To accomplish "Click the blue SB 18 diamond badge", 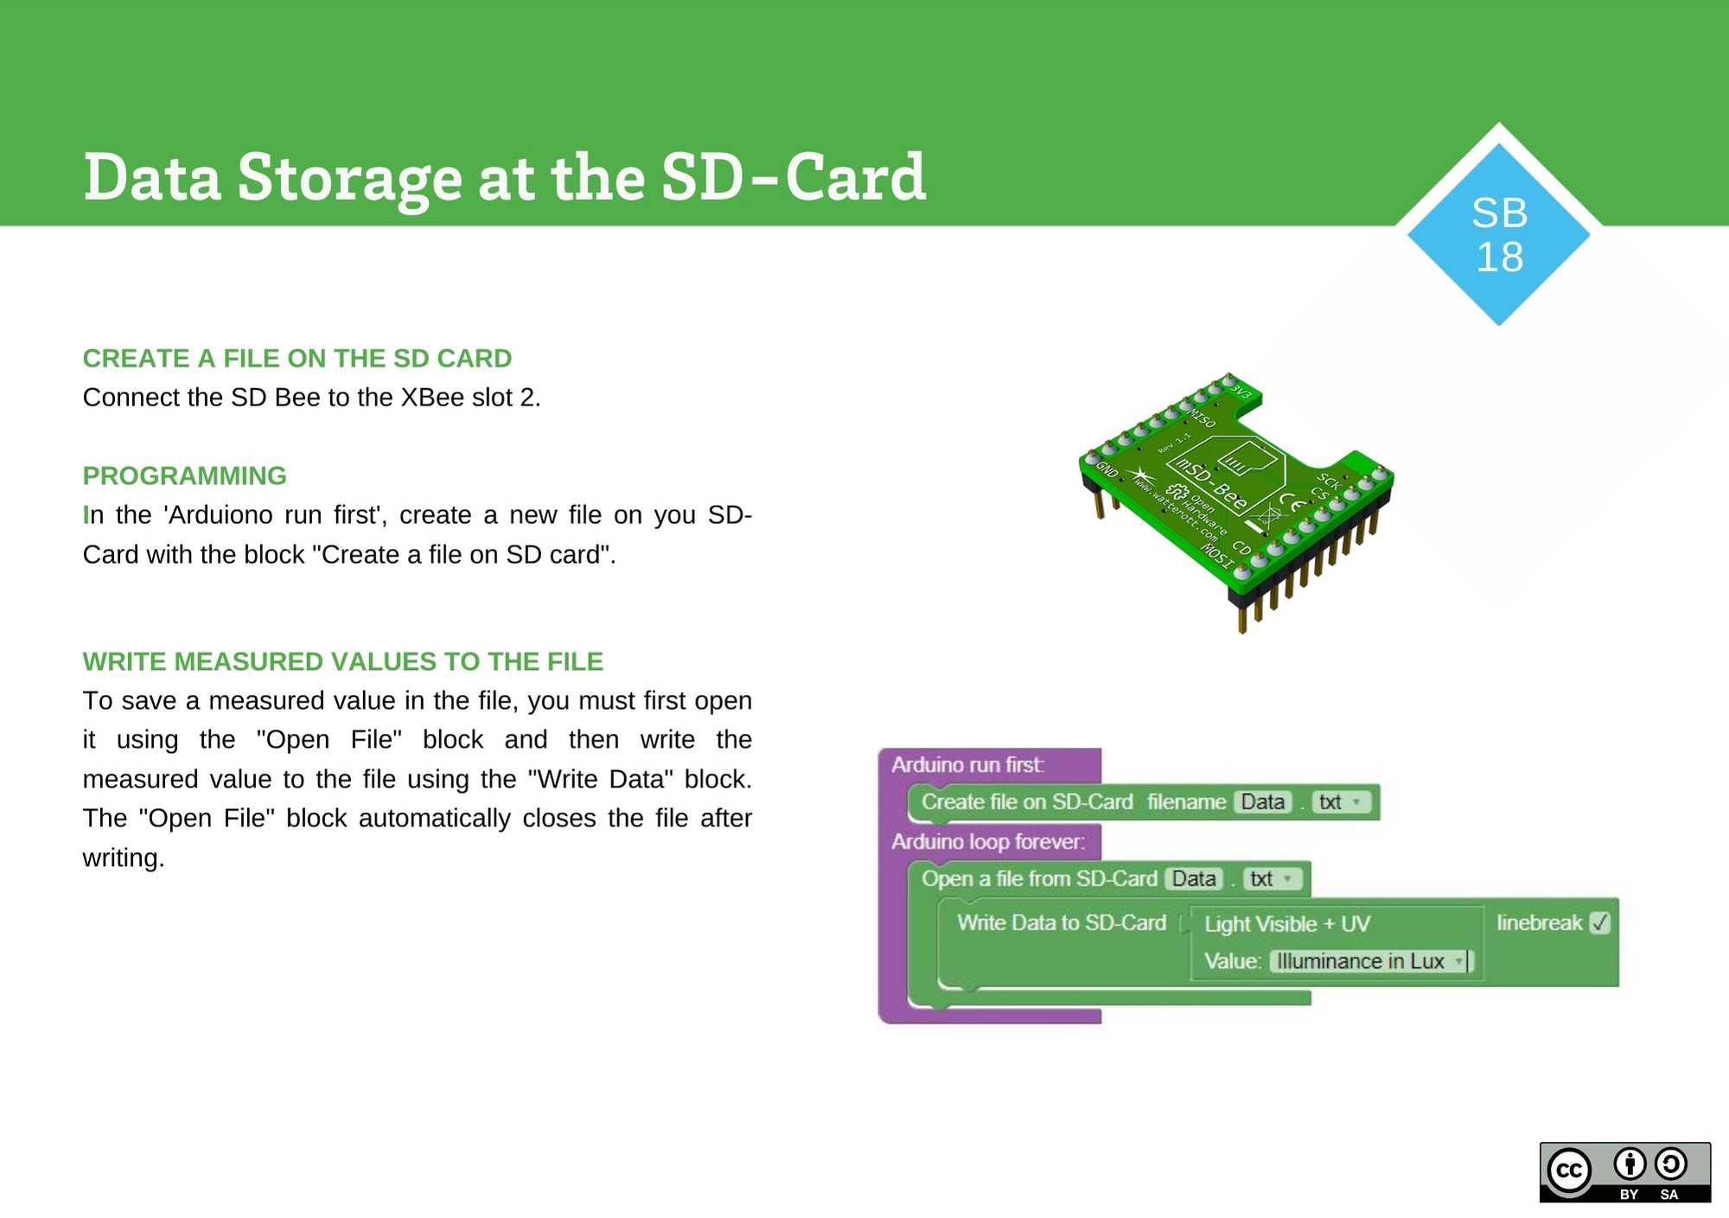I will [1498, 234].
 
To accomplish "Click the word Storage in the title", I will [349, 178].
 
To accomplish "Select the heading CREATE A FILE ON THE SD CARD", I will [297, 358].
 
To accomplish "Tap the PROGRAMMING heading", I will [184, 475].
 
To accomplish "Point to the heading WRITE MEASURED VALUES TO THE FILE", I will [342, 661].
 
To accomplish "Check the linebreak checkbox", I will [1600, 922].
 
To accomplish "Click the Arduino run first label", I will [967, 765].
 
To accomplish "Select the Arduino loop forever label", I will [987, 842].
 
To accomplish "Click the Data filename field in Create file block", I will [1262, 802].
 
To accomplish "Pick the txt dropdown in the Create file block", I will [1340, 802].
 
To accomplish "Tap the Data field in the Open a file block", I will [1193, 879].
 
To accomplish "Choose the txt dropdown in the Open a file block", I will [1272, 879].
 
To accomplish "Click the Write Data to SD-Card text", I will [1061, 923].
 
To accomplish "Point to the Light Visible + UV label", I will [1286, 924].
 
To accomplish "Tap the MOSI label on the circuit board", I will [1217, 556].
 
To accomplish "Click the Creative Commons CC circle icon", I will [1569, 1171].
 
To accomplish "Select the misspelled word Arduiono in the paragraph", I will [220, 515].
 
